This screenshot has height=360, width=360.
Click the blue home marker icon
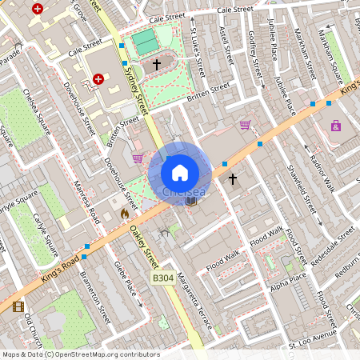point(179,172)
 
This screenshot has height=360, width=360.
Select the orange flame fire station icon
point(124,214)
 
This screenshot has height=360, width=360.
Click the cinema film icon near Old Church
point(18,306)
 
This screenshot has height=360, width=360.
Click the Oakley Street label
point(144,247)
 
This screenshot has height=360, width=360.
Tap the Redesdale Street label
point(334,241)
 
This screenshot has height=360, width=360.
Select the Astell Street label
point(226,47)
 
